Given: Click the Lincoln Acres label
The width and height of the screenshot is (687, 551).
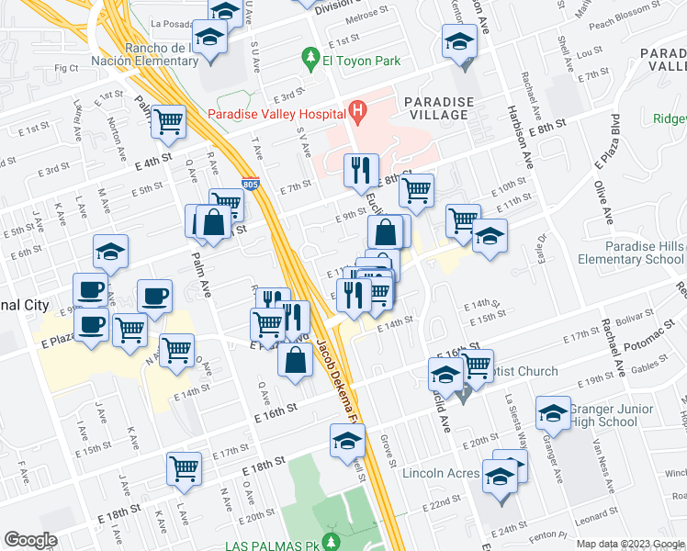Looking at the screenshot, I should [441, 474].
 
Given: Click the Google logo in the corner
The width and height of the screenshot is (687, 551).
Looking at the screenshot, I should [30, 540].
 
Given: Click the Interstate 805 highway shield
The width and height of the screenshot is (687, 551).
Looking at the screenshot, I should [251, 184].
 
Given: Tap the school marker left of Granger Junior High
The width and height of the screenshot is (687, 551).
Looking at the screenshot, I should [553, 413].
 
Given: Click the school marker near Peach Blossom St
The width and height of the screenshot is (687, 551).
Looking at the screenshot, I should [459, 41].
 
